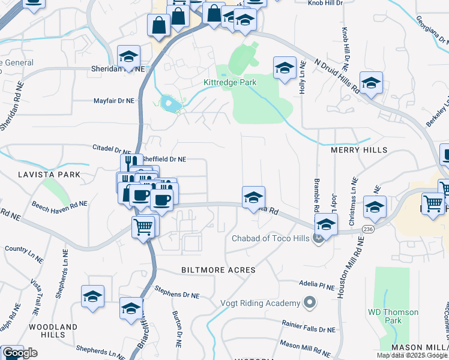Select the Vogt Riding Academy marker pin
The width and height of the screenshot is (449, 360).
tap(309, 302)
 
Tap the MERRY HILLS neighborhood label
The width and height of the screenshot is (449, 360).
tap(359, 149)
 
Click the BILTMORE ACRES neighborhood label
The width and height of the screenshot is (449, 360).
tap(218, 270)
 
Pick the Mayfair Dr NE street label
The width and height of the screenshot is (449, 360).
tap(113, 101)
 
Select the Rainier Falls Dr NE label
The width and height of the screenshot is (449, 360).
tap(309, 326)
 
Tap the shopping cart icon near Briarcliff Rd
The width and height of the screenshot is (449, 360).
tap(143, 227)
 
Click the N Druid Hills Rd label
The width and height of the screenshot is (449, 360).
tap(338, 76)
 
